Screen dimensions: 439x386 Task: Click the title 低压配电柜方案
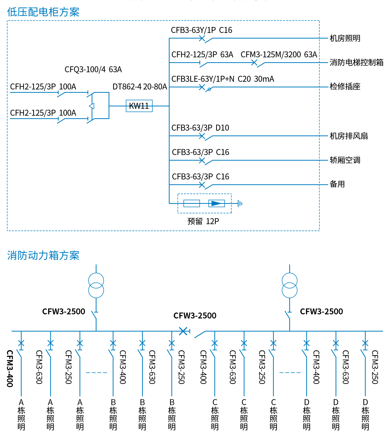43,12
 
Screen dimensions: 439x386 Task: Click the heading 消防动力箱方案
43,255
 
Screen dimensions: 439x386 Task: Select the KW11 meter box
139,106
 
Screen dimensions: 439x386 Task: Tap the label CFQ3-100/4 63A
93,69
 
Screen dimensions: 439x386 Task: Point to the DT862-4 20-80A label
140,87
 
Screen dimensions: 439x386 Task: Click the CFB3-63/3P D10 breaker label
200,128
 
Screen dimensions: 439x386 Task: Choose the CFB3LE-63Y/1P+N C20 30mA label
223,79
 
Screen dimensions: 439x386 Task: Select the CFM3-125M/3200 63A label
279,54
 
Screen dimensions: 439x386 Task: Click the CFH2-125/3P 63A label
202,54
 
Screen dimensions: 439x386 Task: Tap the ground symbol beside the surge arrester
240,204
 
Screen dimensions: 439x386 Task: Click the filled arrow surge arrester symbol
216,204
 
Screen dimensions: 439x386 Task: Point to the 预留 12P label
203,221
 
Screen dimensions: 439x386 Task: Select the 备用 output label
337,184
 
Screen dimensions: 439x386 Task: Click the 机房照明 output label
345,38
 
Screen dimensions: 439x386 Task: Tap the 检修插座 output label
345,87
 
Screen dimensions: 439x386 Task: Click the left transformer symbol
96,285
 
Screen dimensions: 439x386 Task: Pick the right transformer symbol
289,285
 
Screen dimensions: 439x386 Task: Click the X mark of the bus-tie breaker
183,331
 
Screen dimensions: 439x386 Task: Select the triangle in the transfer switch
92,106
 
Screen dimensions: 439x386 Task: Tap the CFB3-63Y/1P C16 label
201,30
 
